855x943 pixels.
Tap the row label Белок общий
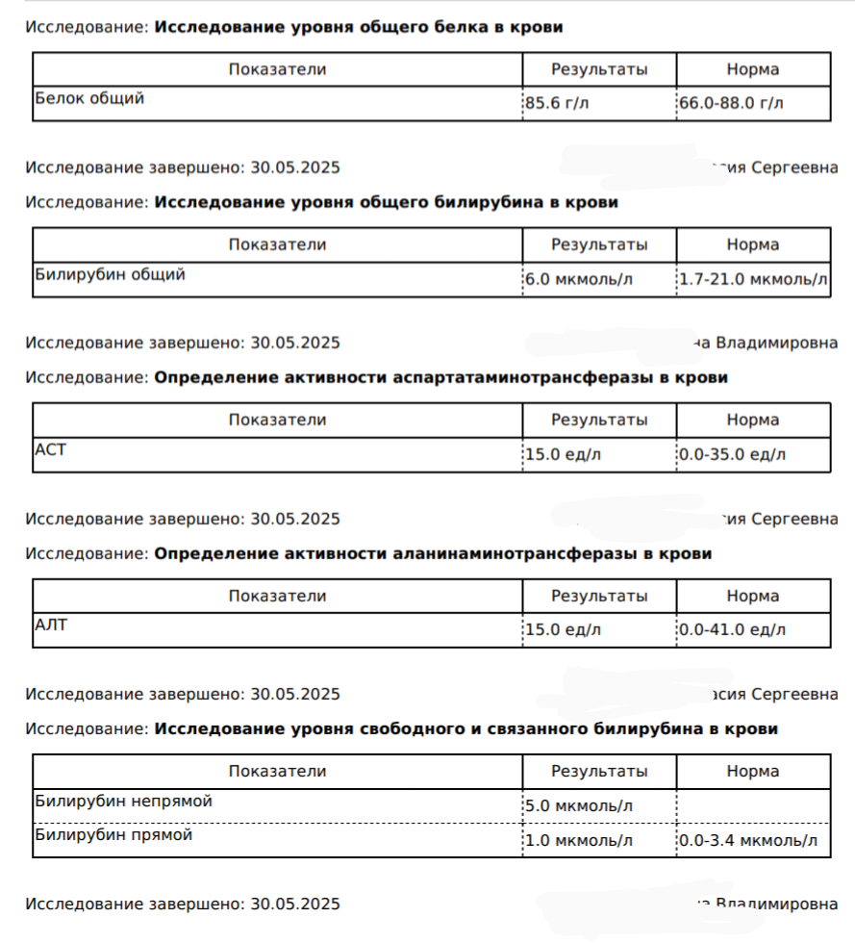click(x=89, y=97)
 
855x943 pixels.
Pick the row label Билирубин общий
click(x=110, y=274)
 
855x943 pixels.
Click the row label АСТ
click(x=50, y=449)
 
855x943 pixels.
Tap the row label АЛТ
click(x=51, y=624)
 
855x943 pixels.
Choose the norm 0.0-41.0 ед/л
click(x=732, y=630)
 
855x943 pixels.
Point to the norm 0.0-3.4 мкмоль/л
click(x=748, y=841)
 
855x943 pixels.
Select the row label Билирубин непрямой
click(x=123, y=801)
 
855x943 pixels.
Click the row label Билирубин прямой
click(x=113, y=835)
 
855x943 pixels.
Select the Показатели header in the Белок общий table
click(x=277, y=69)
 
